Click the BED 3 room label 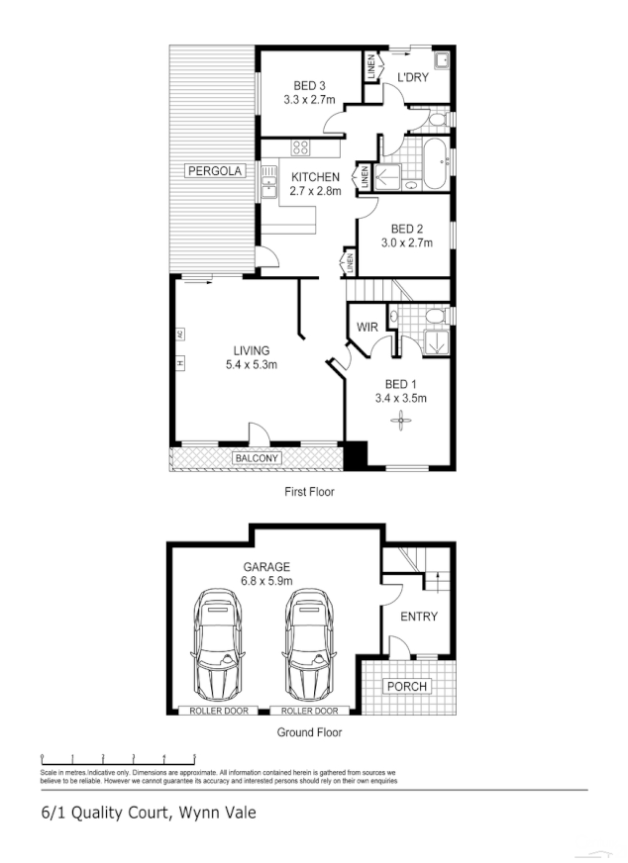pyautogui.click(x=304, y=86)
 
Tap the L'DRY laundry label pyautogui.click(x=412, y=77)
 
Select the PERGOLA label pyautogui.click(x=214, y=171)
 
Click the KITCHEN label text pyautogui.click(x=315, y=177)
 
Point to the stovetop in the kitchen pyautogui.click(x=299, y=148)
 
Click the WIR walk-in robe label pyautogui.click(x=367, y=326)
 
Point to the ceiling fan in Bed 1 pyautogui.click(x=400, y=421)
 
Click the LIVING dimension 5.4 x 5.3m pyautogui.click(x=251, y=364)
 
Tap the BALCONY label pyautogui.click(x=257, y=458)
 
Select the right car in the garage pyautogui.click(x=309, y=644)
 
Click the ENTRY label pyautogui.click(x=418, y=617)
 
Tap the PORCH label pyautogui.click(x=406, y=687)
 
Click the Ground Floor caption pyautogui.click(x=309, y=732)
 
